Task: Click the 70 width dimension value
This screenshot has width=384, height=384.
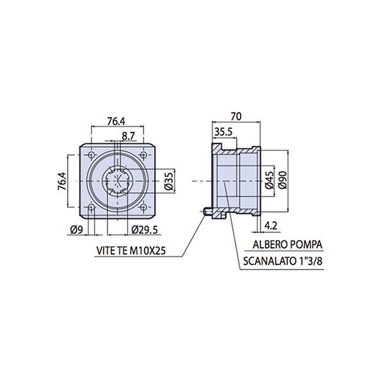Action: coord(236,116)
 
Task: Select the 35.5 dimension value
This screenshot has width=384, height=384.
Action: coord(223,132)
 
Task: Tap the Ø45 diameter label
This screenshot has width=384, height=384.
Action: coord(269,180)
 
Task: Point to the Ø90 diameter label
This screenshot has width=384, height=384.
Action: coord(283,180)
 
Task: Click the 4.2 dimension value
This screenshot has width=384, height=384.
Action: coord(271,225)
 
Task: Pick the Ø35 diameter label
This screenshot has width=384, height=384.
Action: coord(169,181)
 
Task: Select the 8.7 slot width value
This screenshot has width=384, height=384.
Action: coord(129,136)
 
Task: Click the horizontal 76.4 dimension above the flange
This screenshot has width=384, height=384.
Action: coord(116,122)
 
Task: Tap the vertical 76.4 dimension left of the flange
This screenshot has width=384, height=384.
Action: coord(61,181)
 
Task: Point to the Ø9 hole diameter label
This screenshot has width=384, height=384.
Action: coord(77,230)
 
